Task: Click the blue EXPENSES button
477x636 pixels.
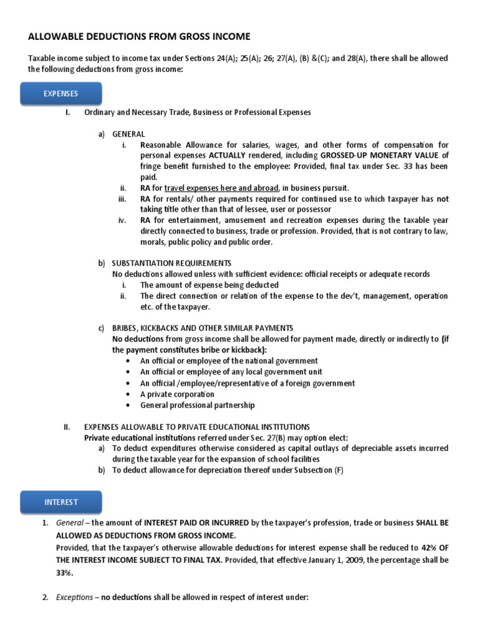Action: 61,94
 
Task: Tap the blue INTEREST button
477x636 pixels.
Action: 61,501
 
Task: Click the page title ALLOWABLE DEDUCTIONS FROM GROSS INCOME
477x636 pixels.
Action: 139,37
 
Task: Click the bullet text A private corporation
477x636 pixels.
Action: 177,394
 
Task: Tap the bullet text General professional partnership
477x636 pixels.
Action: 198,406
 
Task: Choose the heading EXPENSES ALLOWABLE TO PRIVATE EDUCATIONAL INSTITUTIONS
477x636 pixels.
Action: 197,427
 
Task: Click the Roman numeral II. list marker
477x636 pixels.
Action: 67,427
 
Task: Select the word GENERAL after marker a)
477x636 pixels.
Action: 129,134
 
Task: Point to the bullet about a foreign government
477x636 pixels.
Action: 247,383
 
